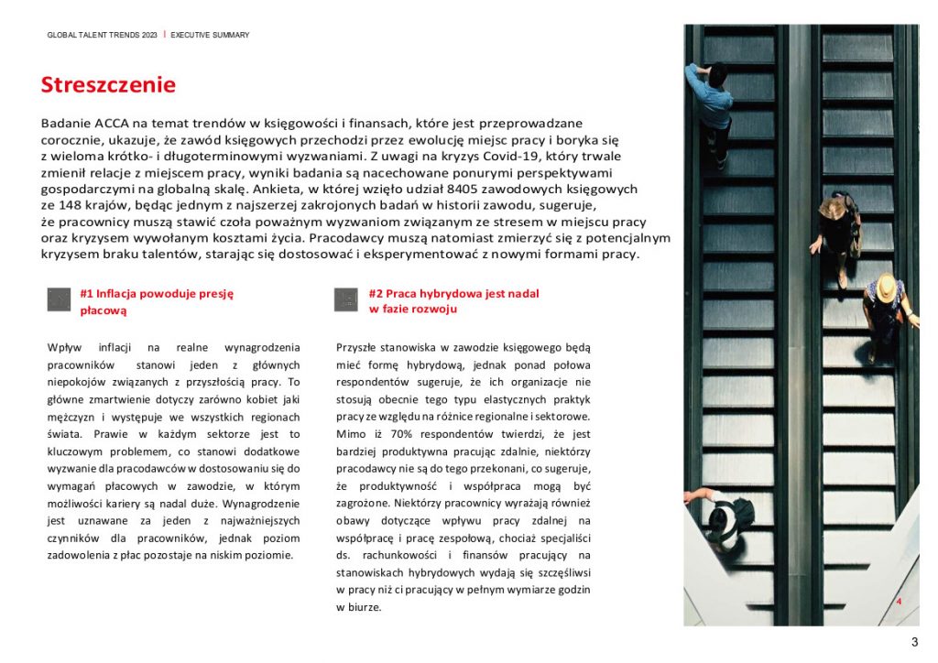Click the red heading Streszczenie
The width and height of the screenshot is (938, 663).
pos(108,85)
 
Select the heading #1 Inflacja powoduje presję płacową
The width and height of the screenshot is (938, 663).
pos(157,302)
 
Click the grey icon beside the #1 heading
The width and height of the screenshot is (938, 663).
pos(59,299)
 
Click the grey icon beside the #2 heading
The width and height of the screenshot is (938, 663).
pos(346,299)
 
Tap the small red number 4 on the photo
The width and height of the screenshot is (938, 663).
pos(900,602)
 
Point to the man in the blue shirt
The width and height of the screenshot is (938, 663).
pos(712,101)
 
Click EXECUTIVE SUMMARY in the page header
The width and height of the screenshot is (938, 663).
pos(210,35)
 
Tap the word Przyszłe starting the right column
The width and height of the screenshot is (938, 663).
pos(357,348)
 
